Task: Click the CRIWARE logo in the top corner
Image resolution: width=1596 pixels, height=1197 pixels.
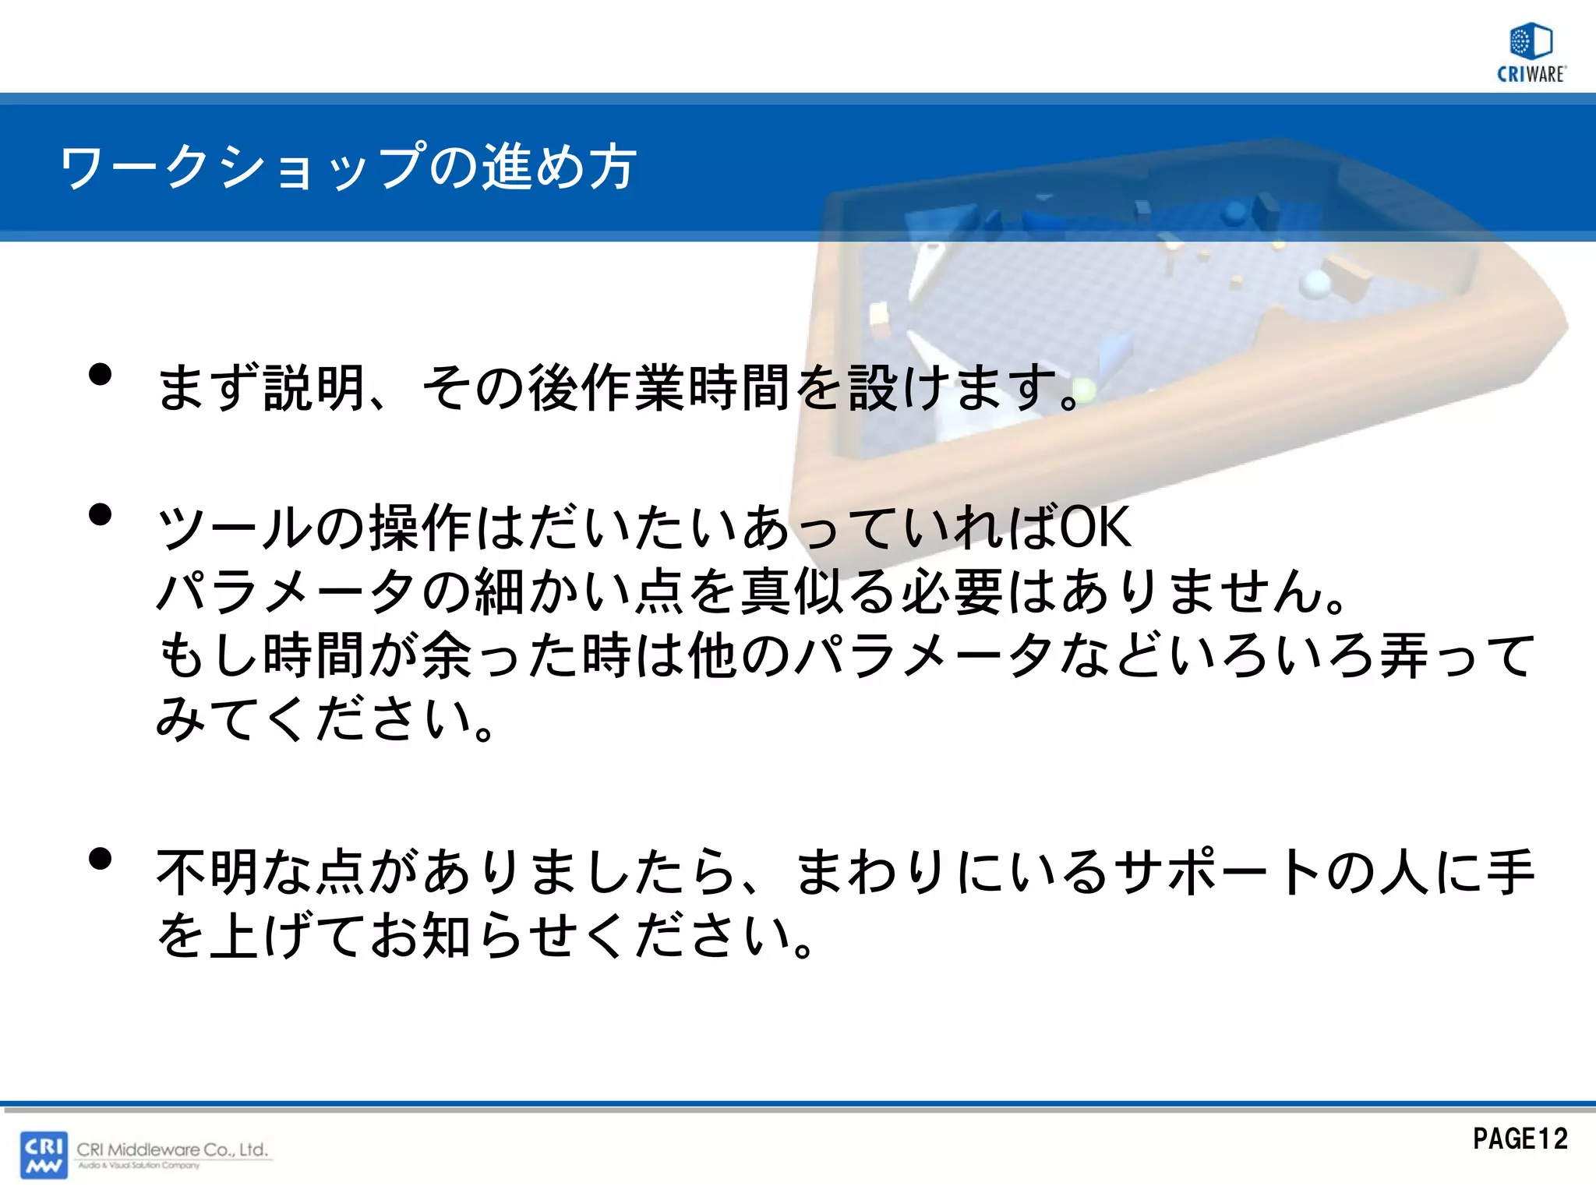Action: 1531,52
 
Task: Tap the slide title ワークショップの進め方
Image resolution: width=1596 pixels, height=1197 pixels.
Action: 348,167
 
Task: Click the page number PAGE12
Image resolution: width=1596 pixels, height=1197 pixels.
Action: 1520,1139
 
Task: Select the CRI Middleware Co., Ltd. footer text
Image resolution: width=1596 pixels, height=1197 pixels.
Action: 172,1149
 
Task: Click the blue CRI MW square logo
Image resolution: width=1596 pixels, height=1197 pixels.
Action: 44,1154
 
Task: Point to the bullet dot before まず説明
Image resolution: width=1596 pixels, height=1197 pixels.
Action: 101,375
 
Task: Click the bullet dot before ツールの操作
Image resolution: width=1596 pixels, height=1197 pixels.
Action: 101,514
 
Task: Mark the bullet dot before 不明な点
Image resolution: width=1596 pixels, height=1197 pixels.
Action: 101,859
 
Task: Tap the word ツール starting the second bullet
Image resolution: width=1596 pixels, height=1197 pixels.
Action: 235,528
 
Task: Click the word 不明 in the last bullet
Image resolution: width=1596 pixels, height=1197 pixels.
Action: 209,871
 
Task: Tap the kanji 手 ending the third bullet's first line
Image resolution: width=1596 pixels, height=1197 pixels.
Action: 1510,871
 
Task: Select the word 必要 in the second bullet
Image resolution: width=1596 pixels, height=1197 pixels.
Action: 953,591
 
